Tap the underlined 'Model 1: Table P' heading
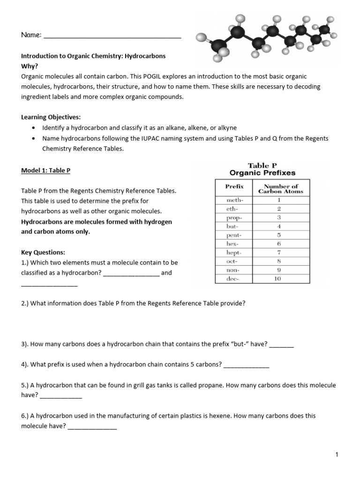pos(45,171)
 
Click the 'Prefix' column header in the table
pos(234,187)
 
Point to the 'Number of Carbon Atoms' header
pos(281,188)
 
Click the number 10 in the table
pos(277,279)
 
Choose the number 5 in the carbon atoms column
pos(279,235)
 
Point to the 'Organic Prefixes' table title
pos(262,173)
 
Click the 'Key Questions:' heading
pos(43,252)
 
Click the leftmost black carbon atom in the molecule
pos(218,46)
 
